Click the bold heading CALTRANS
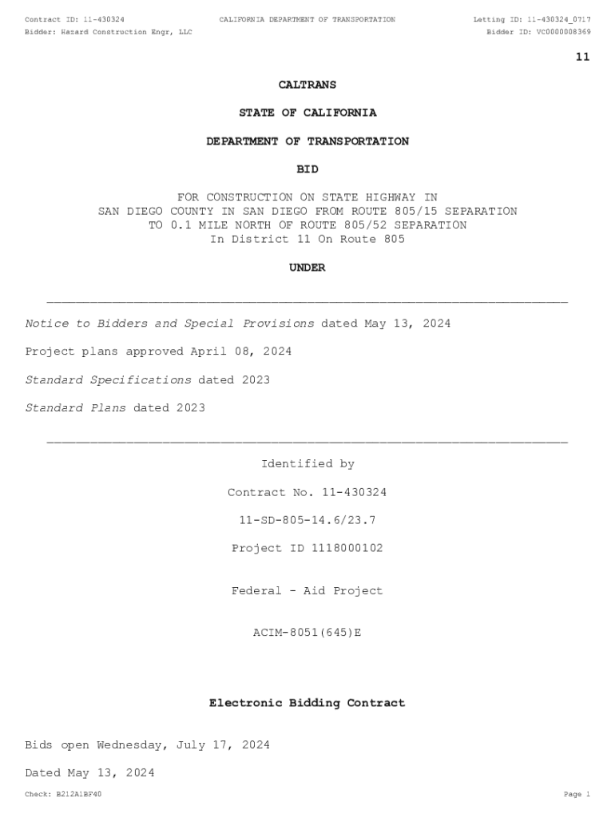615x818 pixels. (307, 85)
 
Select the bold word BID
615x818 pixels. (307, 169)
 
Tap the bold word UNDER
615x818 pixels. (307, 268)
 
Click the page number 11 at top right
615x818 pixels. (582, 57)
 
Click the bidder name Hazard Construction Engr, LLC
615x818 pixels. (127, 32)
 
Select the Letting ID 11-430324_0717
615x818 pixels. (550, 19)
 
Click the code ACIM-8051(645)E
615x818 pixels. (307, 633)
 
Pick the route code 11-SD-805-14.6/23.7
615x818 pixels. (307, 520)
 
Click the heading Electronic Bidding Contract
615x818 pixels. (307, 703)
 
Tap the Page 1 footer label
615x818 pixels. (576, 794)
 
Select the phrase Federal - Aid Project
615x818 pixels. (307, 591)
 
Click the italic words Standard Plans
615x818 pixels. (76, 407)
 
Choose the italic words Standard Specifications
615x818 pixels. (108, 379)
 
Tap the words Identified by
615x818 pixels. (307, 464)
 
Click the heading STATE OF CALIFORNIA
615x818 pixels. (307, 113)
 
